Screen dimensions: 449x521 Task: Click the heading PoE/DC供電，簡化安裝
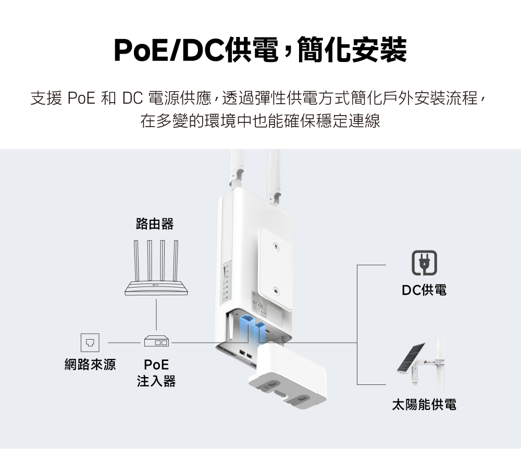point(260,50)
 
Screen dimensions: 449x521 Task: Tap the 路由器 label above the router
point(154,224)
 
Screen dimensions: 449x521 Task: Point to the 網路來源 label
point(90,365)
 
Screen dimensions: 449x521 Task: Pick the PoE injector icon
point(156,342)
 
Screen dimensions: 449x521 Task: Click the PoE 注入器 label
point(156,373)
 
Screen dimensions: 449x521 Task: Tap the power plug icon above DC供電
point(424,264)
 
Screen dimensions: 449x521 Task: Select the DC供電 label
point(424,290)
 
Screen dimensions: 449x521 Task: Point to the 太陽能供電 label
point(424,404)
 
